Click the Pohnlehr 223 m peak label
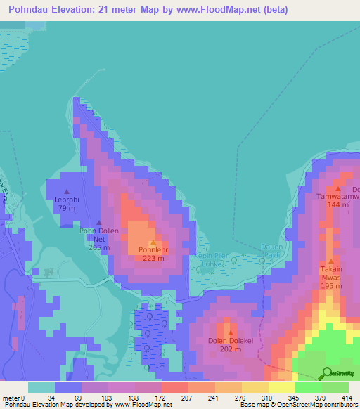[x=153, y=253]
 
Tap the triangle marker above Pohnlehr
[x=153, y=242]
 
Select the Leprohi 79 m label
[x=66, y=204]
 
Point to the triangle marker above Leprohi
[x=67, y=192]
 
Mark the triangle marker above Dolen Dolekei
[x=230, y=332]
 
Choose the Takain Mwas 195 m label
[x=331, y=273]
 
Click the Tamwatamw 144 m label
[x=337, y=201]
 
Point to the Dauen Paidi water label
[x=272, y=249]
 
